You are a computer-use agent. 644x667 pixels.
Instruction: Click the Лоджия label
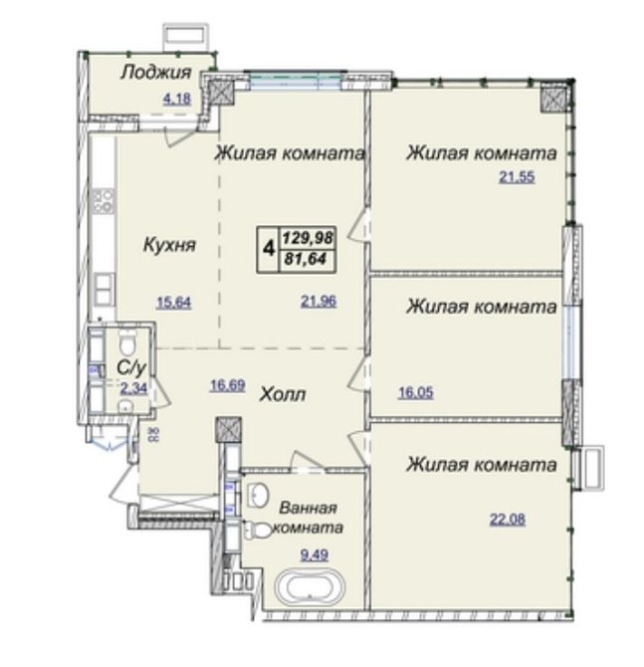156,73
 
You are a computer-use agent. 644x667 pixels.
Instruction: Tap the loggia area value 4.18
177,100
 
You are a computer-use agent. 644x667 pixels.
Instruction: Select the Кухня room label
170,245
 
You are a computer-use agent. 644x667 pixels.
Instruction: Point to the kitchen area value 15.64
174,303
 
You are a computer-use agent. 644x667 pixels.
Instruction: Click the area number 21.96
319,302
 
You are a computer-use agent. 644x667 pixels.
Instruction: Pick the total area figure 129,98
308,237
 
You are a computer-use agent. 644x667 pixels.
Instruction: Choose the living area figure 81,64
305,259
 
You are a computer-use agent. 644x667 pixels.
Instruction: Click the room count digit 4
269,248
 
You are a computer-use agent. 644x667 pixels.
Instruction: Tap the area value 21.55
517,176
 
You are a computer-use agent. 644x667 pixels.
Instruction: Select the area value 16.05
416,392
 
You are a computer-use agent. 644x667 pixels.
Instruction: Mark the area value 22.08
508,520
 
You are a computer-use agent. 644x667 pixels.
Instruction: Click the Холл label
283,394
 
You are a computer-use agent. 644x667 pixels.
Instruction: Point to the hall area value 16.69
228,386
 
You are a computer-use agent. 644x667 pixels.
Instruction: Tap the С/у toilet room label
131,368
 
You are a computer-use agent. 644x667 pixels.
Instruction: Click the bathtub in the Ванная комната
310,587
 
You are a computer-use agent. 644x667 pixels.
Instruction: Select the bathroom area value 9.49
315,556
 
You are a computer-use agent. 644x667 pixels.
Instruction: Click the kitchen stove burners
104,201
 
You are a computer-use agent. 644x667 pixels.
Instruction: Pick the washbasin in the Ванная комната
257,495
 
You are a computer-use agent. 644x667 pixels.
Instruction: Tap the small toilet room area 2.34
133,388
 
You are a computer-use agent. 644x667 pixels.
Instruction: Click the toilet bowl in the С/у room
126,344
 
